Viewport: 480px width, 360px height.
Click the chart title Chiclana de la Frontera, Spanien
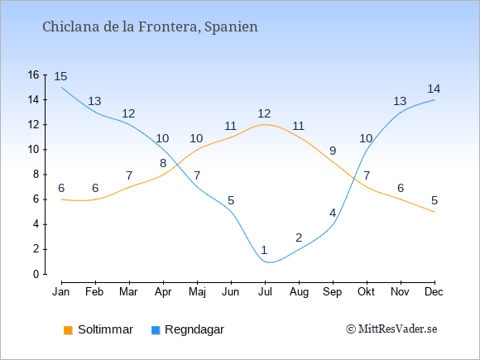point(150,26)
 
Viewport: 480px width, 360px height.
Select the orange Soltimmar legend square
point(68,330)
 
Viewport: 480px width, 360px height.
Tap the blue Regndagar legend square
point(156,330)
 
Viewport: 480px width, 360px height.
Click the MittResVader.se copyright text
point(391,329)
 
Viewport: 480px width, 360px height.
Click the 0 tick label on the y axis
point(36,274)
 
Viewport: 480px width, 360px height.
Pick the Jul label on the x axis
point(265,292)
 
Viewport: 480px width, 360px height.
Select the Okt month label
point(366,292)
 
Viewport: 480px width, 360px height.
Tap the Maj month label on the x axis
point(197,292)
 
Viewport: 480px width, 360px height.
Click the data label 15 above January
point(60,76)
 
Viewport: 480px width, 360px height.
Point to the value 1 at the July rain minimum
point(264,250)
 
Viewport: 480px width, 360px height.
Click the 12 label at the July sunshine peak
point(264,113)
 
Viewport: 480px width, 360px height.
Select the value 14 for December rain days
point(434,89)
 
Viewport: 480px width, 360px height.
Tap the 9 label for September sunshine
point(333,151)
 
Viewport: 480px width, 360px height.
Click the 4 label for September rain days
point(333,213)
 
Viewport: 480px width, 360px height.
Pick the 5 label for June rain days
point(231,200)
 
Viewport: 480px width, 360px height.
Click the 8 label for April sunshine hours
point(163,163)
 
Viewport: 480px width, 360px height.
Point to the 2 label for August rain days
point(299,238)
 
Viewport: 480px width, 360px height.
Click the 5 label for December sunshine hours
point(434,200)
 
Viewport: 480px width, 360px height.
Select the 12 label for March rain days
point(128,113)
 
